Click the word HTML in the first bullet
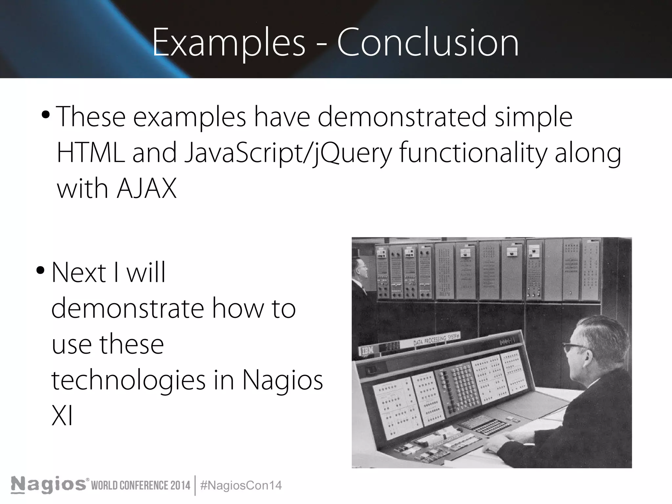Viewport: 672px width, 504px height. (91, 153)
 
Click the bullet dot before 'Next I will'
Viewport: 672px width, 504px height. (41, 271)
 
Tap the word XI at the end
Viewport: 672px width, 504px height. (62, 416)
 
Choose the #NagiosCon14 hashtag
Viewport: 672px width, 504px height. (241, 485)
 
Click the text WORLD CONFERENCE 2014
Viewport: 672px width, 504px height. (140, 486)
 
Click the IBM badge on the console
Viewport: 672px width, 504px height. (367, 350)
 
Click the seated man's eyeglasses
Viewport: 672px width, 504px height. (574, 346)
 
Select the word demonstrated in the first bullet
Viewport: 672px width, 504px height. (402, 117)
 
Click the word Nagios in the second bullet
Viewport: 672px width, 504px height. (283, 381)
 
